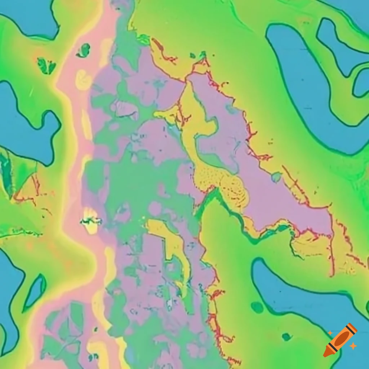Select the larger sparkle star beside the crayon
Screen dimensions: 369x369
[353, 346]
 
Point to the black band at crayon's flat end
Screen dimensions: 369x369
[350, 329]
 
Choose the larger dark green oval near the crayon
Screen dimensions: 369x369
[257, 307]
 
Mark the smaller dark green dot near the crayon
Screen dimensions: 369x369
[286, 337]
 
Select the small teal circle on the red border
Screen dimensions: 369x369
[276, 177]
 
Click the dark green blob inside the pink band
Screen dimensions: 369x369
[84, 50]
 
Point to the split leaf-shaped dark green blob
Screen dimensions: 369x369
[46, 66]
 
